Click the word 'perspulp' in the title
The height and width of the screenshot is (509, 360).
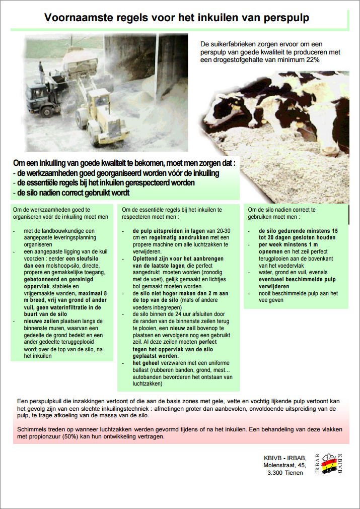click(285, 18)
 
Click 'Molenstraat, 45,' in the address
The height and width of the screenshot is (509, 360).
click(284, 465)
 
